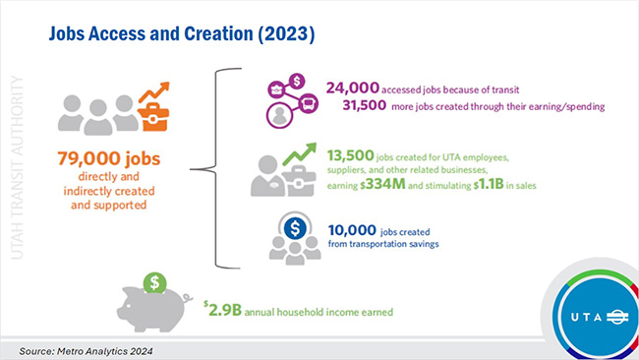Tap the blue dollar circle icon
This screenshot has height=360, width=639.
click(290, 228)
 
